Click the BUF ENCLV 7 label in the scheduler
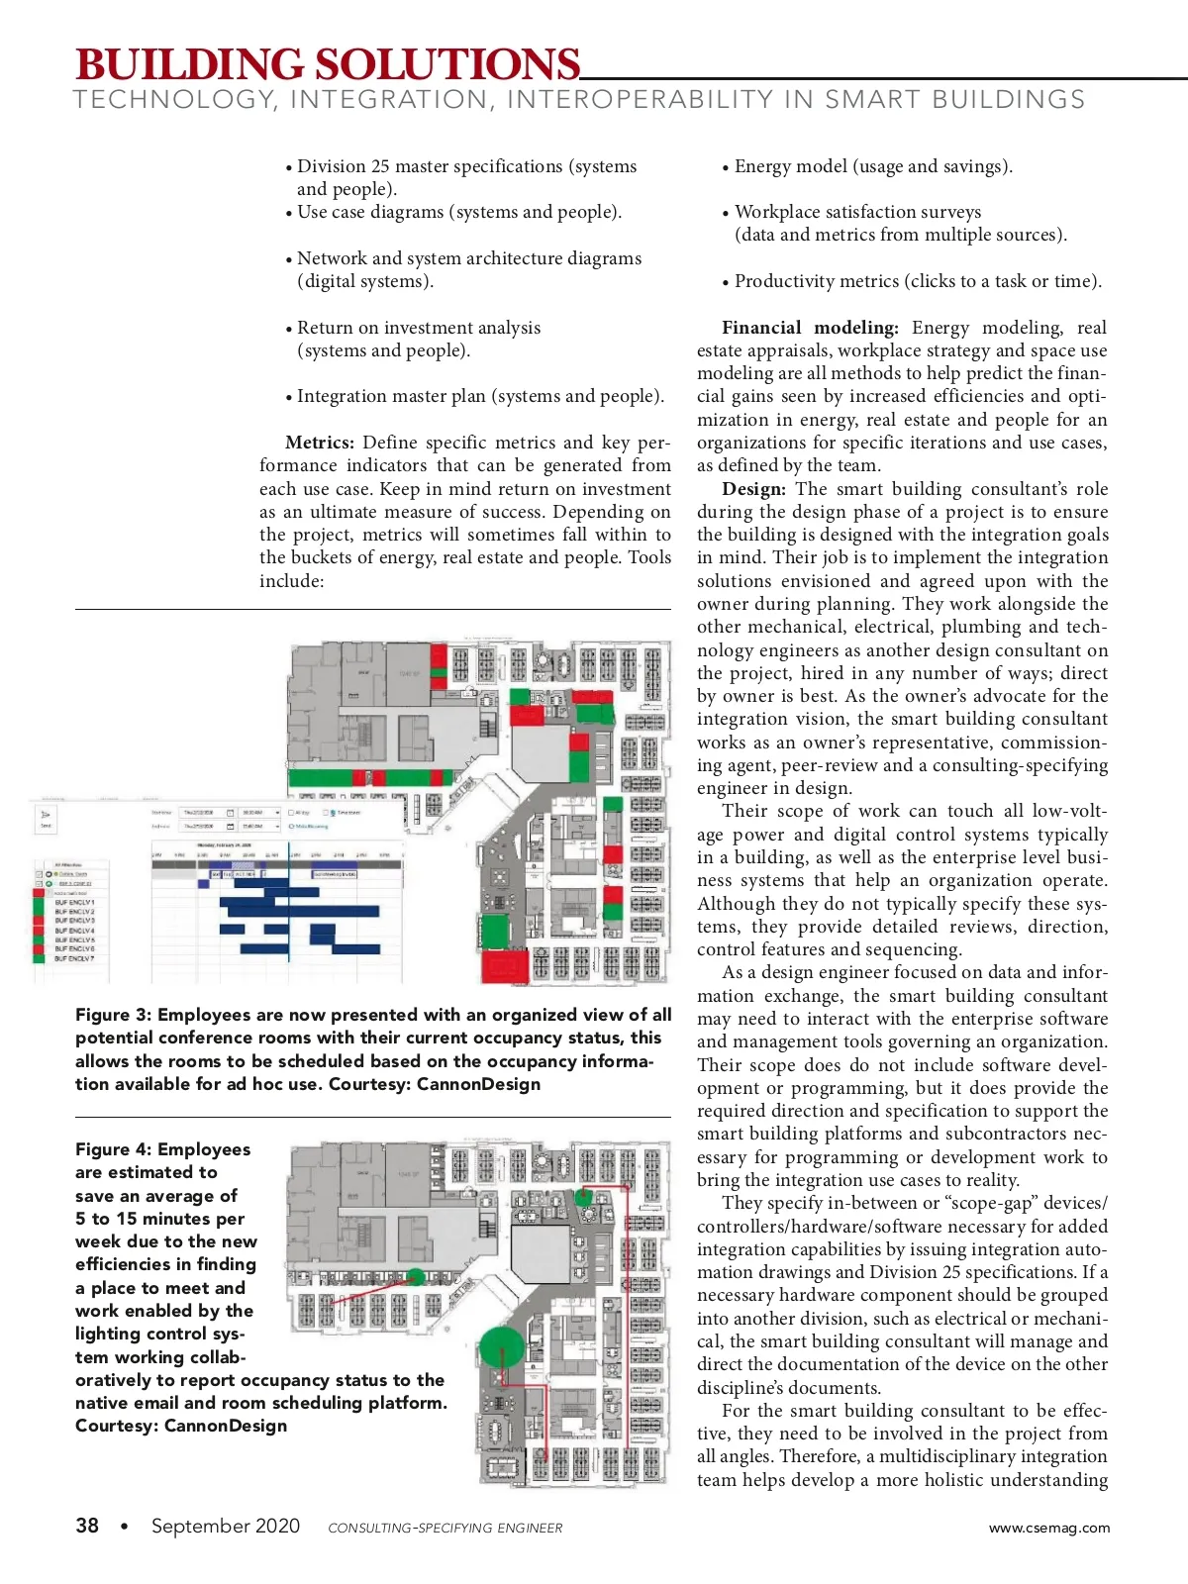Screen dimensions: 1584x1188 (x=74, y=958)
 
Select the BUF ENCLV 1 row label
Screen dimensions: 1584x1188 (x=74, y=902)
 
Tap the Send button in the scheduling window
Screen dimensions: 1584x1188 (x=46, y=819)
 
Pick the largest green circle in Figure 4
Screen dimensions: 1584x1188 (x=501, y=1348)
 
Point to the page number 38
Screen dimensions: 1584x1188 (x=87, y=1526)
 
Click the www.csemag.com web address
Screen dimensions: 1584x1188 (x=1048, y=1528)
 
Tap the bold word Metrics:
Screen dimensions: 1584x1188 (x=319, y=443)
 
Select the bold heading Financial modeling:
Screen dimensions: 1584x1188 (x=810, y=328)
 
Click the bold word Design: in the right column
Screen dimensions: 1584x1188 (x=753, y=489)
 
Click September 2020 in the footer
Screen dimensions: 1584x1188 (x=225, y=1526)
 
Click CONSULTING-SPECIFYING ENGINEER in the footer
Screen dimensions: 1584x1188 (x=445, y=1528)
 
